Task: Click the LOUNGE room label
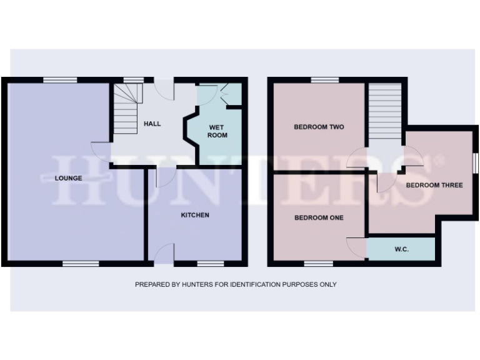tap(69, 178)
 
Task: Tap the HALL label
tap(152, 124)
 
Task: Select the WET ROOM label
tap(217, 131)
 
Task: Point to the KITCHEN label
tap(195, 215)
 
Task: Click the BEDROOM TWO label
tap(319, 127)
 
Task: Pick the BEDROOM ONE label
tap(319, 217)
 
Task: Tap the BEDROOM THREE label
tap(434, 185)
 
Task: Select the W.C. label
tap(401, 249)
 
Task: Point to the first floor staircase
tap(384, 111)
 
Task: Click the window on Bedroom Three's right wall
tap(475, 164)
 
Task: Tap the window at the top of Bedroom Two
tap(325, 79)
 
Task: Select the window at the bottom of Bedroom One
tap(318, 264)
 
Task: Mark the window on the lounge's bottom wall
tap(81, 264)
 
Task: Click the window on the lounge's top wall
tap(60, 79)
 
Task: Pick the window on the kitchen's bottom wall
tap(210, 264)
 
